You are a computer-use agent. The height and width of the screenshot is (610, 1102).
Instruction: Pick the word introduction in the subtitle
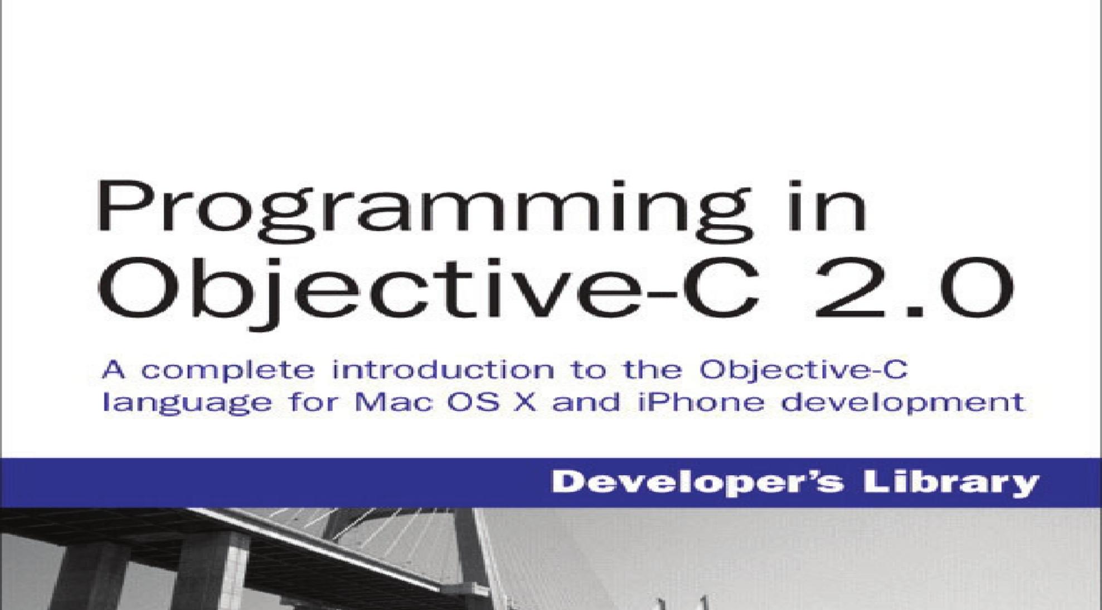click(443, 370)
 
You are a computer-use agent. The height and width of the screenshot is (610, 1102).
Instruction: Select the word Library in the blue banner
click(951, 483)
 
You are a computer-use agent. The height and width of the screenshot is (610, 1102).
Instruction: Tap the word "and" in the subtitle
click(585, 402)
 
